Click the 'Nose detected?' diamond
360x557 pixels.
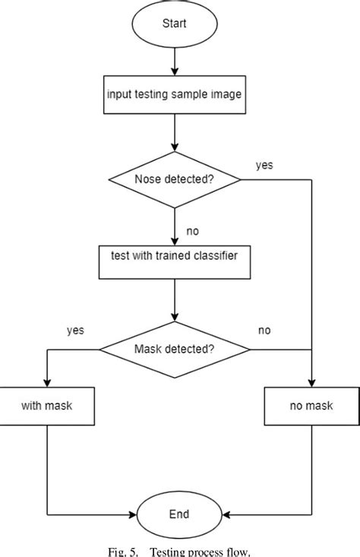[175, 180]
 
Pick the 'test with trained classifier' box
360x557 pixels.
[175, 255]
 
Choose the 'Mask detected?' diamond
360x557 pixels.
[175, 350]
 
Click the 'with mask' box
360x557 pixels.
[48, 407]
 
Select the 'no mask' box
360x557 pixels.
[311, 407]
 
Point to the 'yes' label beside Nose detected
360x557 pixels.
[264, 165]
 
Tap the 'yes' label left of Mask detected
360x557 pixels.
[75, 330]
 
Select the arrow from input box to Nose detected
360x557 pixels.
[175, 137]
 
